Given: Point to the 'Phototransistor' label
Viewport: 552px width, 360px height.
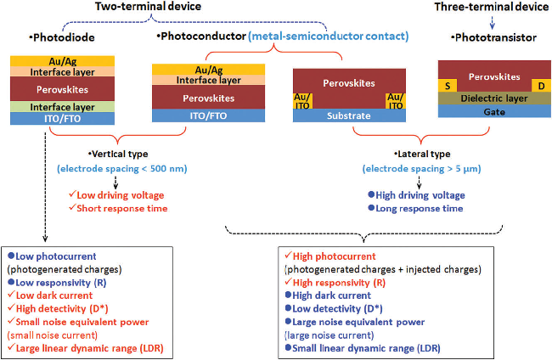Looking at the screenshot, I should coord(491,39).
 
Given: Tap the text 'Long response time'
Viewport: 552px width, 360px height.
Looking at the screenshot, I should coord(420,208).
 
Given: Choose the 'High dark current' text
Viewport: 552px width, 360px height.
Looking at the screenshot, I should coord(336,295).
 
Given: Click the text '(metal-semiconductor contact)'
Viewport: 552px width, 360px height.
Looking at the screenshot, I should coord(330,37).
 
